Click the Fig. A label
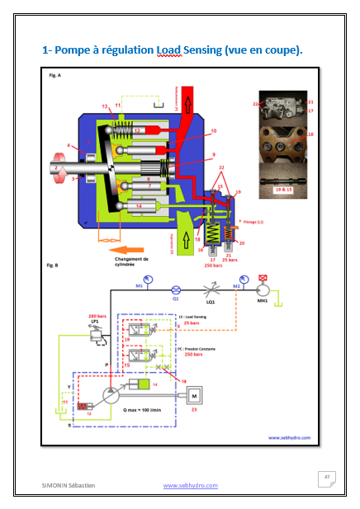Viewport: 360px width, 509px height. [53, 75]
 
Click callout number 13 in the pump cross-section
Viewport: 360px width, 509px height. [105, 106]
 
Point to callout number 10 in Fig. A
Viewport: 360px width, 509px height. [213, 130]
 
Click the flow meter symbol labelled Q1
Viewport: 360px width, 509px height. [174, 290]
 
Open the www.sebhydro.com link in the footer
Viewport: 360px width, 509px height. [190, 486]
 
